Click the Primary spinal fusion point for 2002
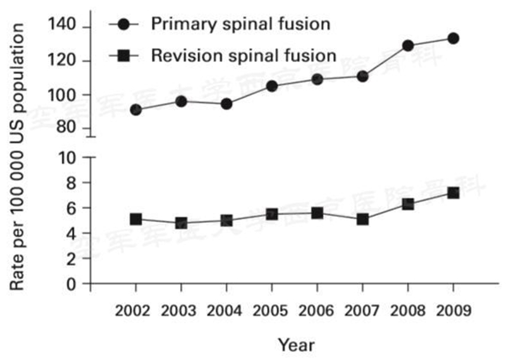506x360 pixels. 135,109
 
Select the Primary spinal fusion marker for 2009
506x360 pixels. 453,39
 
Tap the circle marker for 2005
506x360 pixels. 271,86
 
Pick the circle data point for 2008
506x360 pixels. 407,46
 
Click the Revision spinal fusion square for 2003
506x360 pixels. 181,223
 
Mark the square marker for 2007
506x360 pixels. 362,220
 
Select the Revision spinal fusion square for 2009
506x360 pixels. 453,192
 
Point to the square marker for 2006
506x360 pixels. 317,213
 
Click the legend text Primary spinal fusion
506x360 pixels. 240,25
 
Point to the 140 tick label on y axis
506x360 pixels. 61,26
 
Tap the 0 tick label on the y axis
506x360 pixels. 72,283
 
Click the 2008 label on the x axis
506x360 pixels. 407,311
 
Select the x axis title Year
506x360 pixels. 296,345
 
